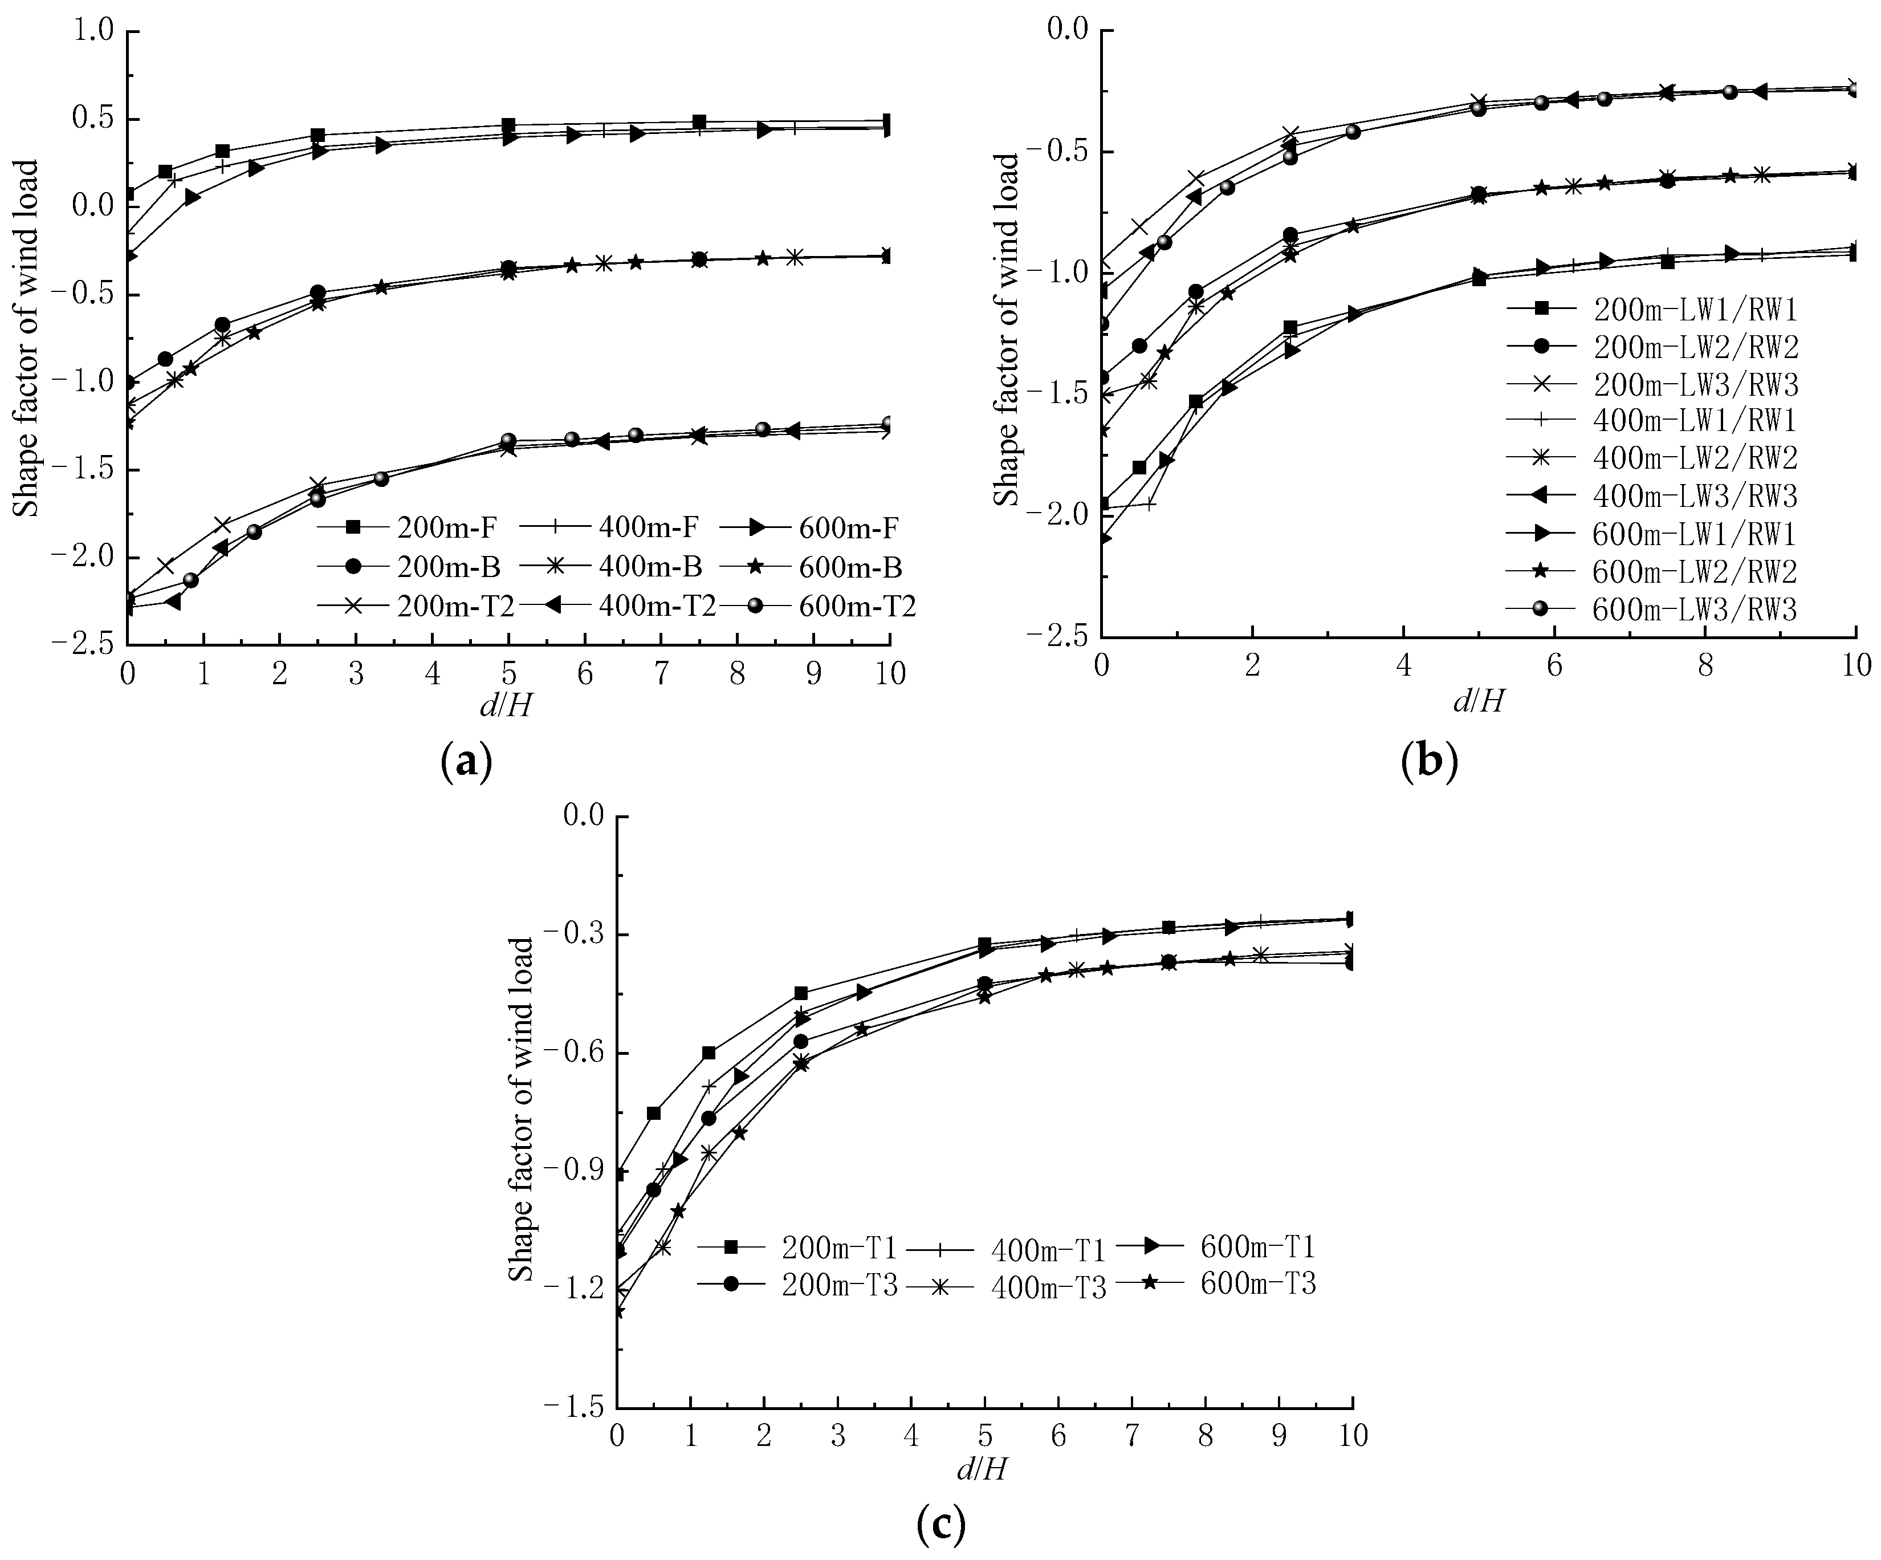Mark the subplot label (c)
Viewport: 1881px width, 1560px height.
pyautogui.click(x=942, y=1525)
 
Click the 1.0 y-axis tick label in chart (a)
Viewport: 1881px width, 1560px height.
pyautogui.click(x=94, y=31)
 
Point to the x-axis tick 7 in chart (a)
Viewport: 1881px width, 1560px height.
pyautogui.click(x=661, y=673)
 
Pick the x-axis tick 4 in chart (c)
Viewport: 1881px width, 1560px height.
pyautogui.click(x=911, y=1436)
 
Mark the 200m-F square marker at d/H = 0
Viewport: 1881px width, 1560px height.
pyautogui.click(x=128, y=194)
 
